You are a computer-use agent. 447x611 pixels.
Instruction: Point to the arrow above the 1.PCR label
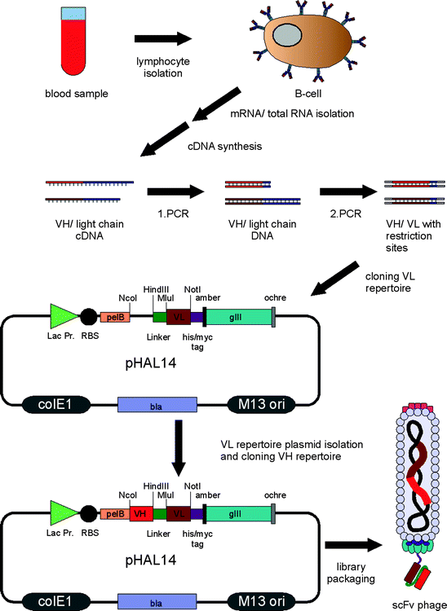[x=173, y=192]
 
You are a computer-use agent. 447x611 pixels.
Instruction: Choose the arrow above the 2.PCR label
[x=346, y=192]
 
